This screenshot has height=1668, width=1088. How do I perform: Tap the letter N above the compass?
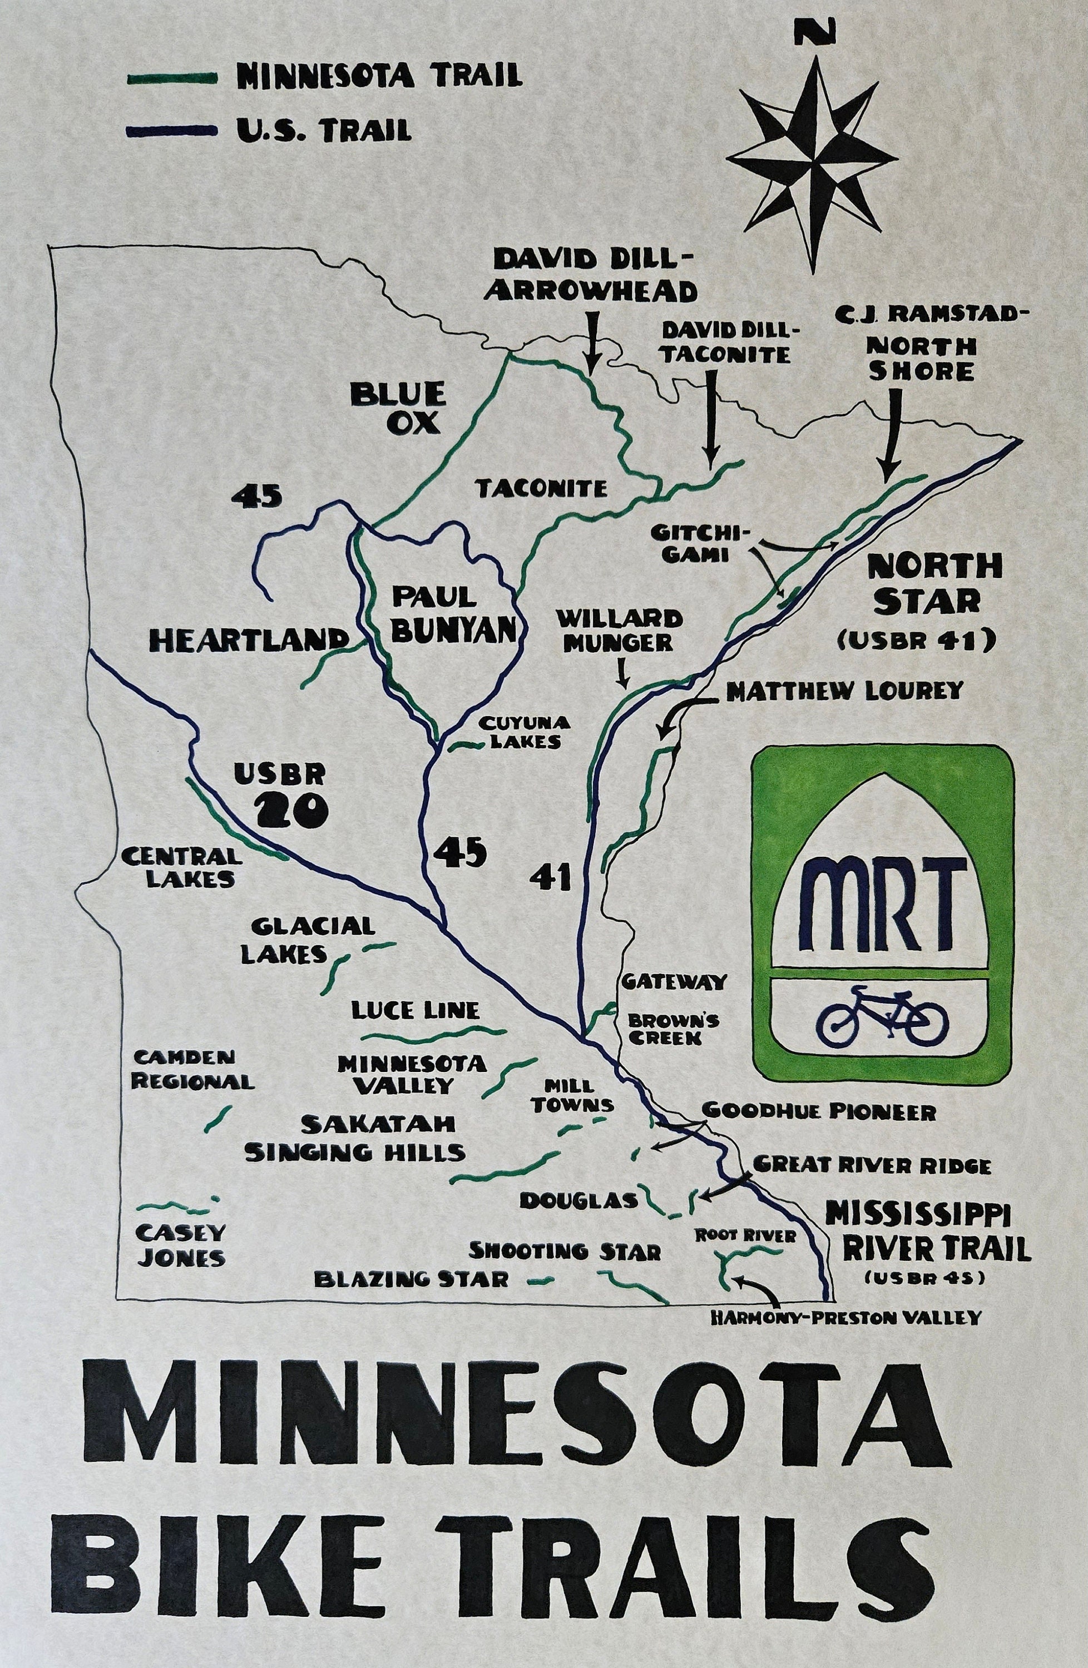(x=814, y=32)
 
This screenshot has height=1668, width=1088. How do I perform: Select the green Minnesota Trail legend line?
(x=171, y=78)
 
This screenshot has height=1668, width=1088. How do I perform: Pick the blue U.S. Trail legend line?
(x=171, y=130)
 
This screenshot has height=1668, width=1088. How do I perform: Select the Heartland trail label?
(x=250, y=639)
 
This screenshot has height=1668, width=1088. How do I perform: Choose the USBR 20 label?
(x=281, y=796)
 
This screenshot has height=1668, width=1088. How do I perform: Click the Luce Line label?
(x=415, y=1011)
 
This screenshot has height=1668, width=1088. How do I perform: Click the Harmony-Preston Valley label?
(x=845, y=1318)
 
